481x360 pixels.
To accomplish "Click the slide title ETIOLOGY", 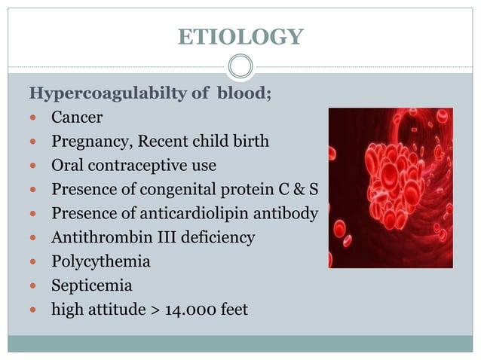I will click(240, 36).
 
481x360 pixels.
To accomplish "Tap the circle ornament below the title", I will click(240, 67).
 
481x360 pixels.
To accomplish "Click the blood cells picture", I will click(390, 188).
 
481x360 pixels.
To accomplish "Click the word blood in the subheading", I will click(240, 94).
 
